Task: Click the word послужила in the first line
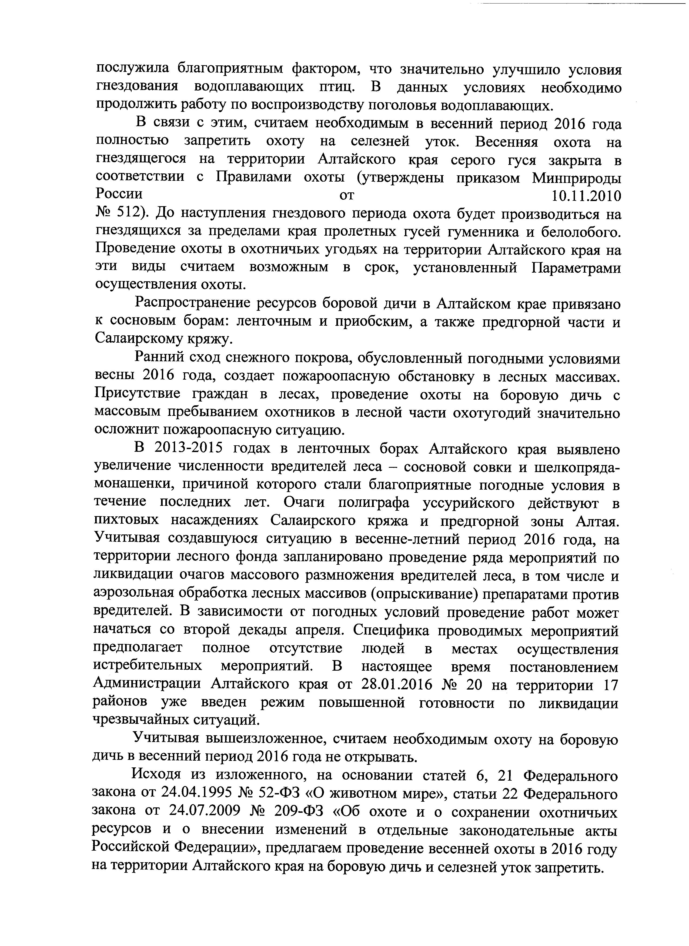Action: (132, 69)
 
